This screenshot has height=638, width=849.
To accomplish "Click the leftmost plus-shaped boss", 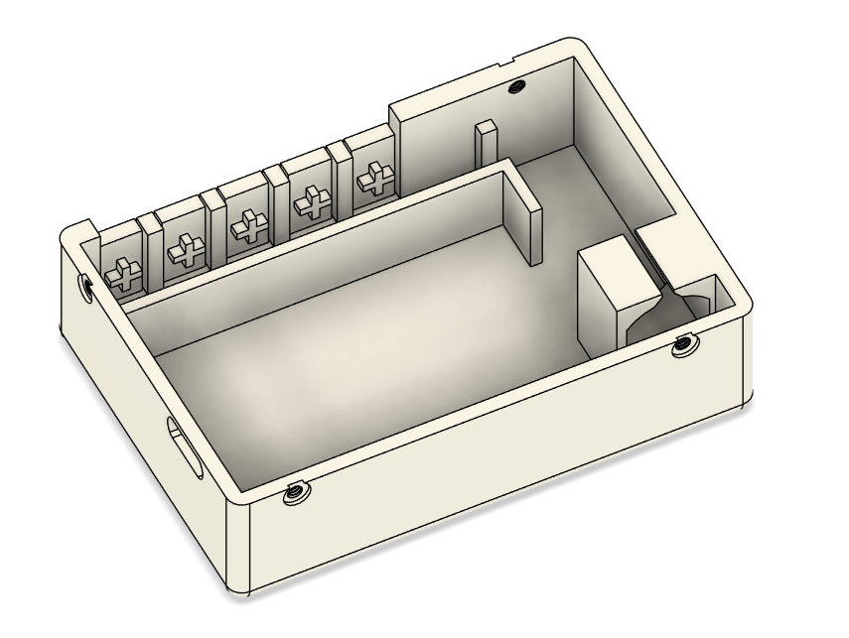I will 123,272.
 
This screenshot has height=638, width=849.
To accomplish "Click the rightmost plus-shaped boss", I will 372,180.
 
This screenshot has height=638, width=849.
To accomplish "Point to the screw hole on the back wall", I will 514,86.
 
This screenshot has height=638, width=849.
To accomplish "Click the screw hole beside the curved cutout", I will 682,346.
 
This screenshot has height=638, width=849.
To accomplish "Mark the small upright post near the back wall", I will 486,145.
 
